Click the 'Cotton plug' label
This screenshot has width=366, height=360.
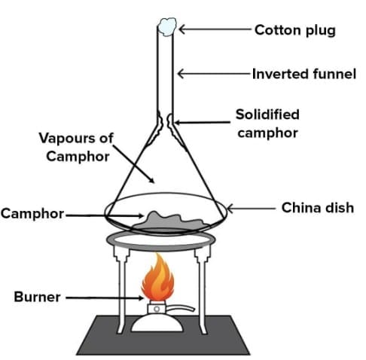294,30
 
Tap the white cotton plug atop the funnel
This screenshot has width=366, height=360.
166,27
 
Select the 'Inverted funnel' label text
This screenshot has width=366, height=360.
299,74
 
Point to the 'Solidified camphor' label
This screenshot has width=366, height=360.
267,124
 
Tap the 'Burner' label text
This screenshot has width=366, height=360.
37,297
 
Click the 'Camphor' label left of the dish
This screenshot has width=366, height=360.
32,213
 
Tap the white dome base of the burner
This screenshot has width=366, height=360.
160,322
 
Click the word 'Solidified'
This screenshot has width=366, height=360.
267,114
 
